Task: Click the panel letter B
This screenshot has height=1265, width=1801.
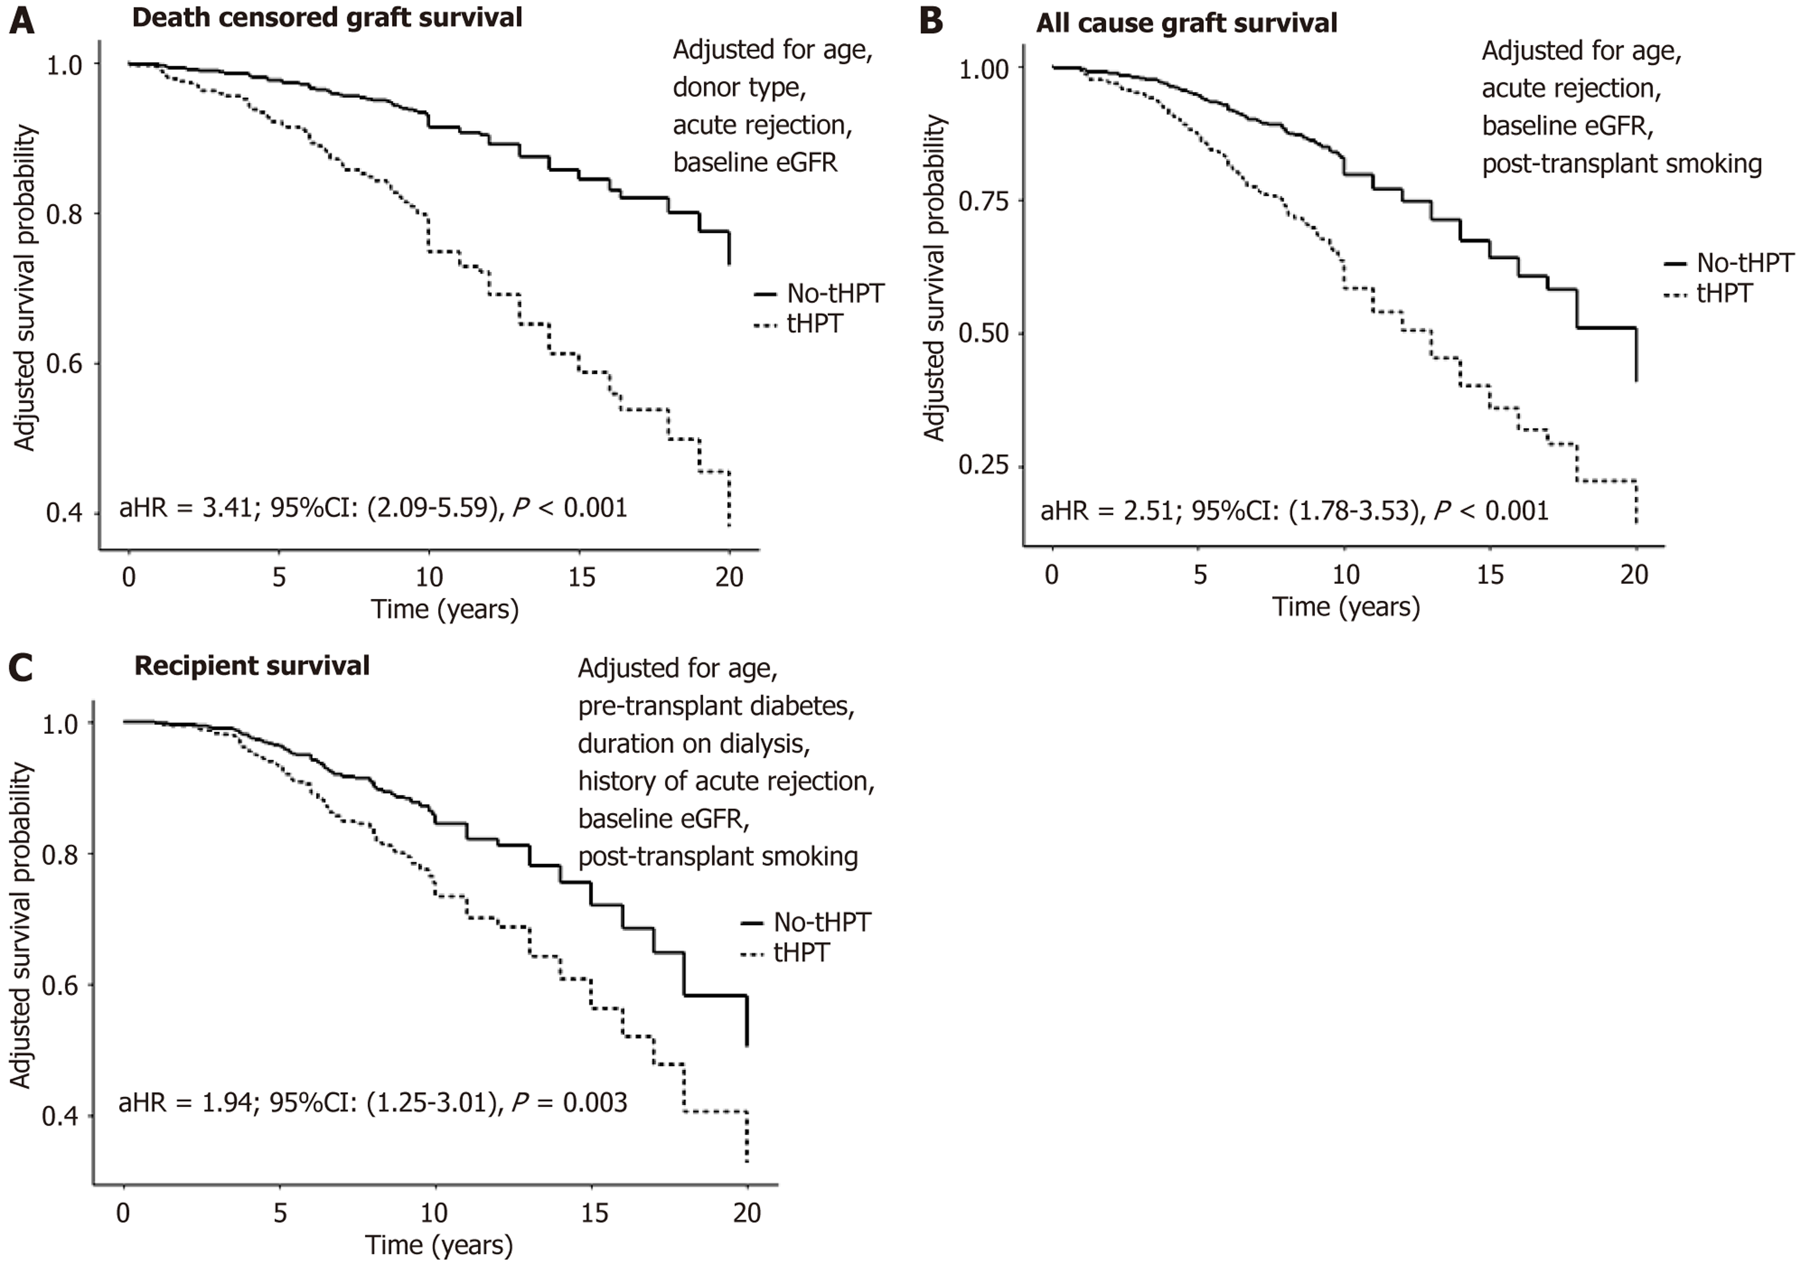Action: (x=931, y=21)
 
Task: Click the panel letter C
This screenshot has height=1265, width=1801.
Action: (x=21, y=668)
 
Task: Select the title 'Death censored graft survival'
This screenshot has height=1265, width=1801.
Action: (x=327, y=18)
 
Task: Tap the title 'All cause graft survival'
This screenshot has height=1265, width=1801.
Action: (x=1186, y=24)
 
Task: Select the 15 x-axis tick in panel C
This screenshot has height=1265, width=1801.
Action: (x=594, y=1212)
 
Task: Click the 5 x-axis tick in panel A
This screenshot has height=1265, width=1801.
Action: (x=279, y=577)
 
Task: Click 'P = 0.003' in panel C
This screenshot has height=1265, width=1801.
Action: (x=570, y=1103)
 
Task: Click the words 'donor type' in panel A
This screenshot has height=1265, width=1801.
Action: (x=738, y=87)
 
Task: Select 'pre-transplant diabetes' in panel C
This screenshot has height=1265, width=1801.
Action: (x=715, y=706)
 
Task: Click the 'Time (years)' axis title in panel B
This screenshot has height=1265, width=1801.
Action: (x=1346, y=607)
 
